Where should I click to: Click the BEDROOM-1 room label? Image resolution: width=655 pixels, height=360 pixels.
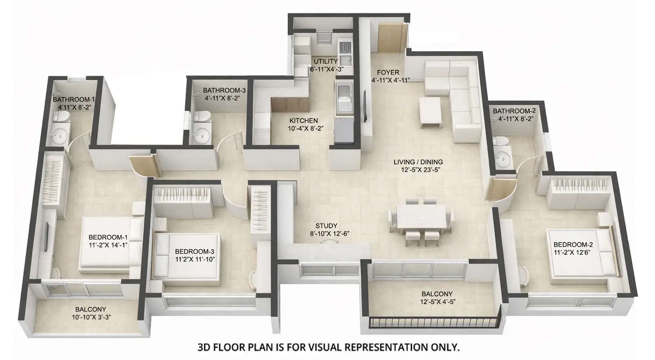pyautogui.click(x=108, y=237)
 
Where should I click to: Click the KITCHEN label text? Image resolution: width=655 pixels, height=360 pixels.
pyautogui.click(x=303, y=120)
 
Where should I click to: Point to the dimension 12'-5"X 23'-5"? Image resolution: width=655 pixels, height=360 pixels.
pyautogui.click(x=418, y=170)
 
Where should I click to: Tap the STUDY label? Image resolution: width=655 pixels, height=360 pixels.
pyautogui.click(x=326, y=226)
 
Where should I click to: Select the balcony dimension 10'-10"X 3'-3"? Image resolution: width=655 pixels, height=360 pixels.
pyautogui.click(x=90, y=317)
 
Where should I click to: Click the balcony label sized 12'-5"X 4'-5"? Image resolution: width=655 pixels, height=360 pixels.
pyautogui.click(x=437, y=294)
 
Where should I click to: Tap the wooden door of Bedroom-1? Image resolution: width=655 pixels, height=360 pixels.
pyautogui.click(x=142, y=165)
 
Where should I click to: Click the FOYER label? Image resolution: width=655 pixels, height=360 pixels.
pyautogui.click(x=388, y=72)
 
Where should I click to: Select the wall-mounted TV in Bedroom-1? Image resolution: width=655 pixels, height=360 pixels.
pyautogui.click(x=47, y=236)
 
